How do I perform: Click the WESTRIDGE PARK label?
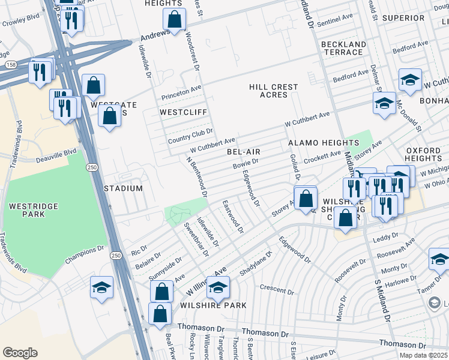[x=34, y=211]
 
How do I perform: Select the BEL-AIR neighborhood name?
[x=243, y=152]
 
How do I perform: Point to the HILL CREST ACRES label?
[x=274, y=91]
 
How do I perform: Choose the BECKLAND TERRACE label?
[x=343, y=49]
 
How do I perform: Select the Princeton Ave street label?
[x=181, y=92]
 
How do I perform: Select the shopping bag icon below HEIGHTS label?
[x=174, y=20]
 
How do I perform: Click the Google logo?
[x=20, y=353]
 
